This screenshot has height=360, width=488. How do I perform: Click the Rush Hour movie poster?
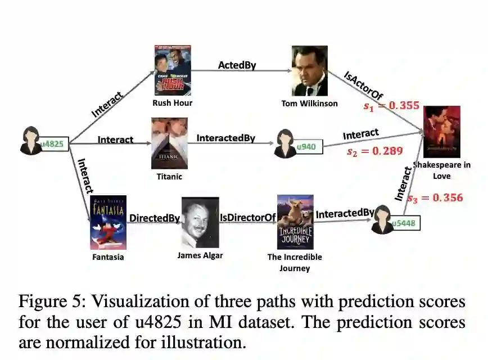pos(173,70)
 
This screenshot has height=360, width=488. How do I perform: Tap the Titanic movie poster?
pos(169,143)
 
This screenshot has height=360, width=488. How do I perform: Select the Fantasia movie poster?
pos(108,222)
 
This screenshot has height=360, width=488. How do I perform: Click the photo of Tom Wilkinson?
pos(309,71)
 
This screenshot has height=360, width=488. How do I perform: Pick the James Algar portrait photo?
pos(200,223)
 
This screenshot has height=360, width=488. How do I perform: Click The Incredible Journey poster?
pos(295,222)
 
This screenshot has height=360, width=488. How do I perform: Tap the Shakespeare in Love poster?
pos(442,132)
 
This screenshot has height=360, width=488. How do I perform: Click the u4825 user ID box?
pos(55,145)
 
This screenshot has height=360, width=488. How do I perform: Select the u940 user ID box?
pos(306,147)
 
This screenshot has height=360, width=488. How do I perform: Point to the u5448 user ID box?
pos(406,223)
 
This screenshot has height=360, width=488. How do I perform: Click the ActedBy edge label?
pos(237,65)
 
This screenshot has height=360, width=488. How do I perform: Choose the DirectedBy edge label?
pos(155,218)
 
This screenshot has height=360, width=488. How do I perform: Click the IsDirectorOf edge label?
pos(247,218)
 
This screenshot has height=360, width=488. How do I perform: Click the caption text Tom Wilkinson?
pos(310,103)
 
